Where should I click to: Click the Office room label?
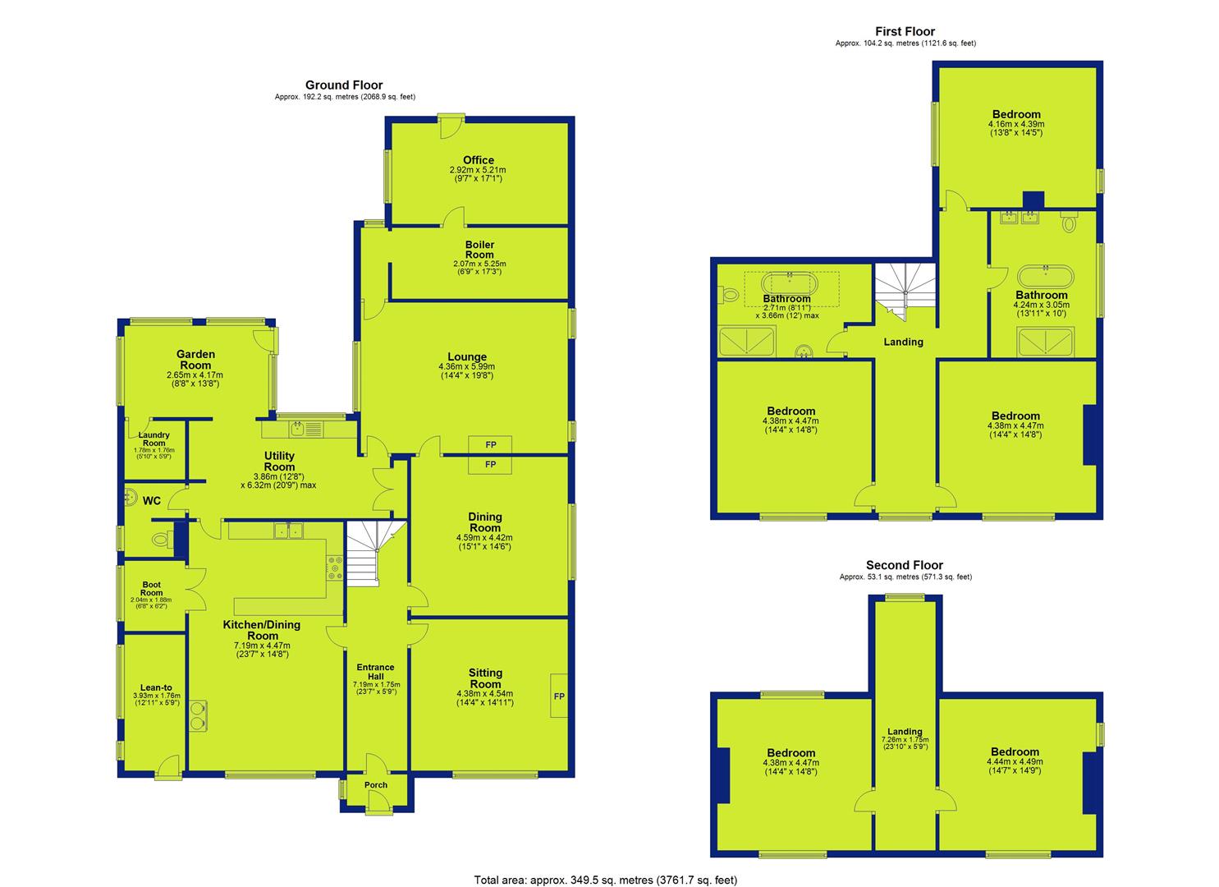(x=479, y=160)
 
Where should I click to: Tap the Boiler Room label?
(x=479, y=250)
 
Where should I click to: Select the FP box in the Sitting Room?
(x=559, y=696)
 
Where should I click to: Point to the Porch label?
(x=375, y=784)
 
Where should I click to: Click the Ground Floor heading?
(x=344, y=85)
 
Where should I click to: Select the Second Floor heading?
(x=905, y=565)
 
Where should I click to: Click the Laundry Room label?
(x=154, y=439)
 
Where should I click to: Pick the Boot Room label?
(x=151, y=589)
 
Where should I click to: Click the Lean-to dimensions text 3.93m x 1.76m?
(x=157, y=696)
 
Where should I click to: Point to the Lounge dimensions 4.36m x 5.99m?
(x=467, y=367)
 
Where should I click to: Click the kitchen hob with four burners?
(x=335, y=568)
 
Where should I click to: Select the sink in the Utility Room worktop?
(x=297, y=430)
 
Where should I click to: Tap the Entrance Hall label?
(x=375, y=672)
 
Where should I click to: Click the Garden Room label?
(x=195, y=360)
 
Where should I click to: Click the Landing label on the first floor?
(x=903, y=342)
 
